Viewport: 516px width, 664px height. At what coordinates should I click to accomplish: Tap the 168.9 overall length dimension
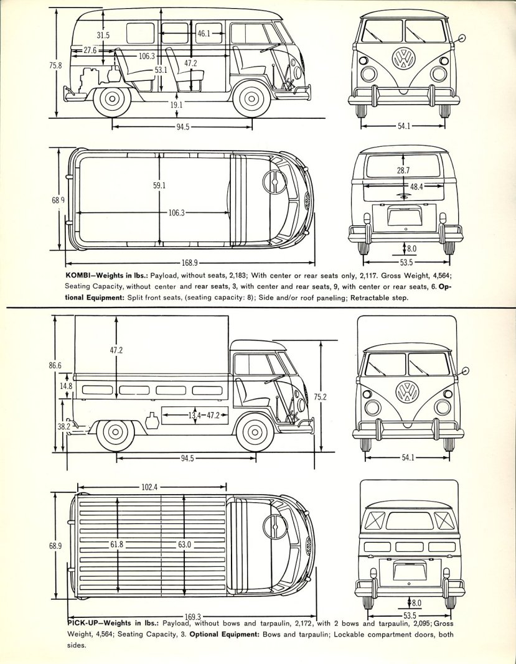[189, 263]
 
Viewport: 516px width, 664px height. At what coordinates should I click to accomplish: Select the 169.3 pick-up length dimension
[193, 617]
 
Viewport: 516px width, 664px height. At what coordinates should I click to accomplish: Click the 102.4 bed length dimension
[149, 487]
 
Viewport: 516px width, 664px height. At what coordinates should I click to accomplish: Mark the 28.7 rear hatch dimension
[403, 171]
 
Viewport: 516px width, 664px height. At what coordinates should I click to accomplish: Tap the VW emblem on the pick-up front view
[408, 391]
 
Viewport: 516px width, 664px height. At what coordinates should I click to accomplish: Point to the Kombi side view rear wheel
[112, 99]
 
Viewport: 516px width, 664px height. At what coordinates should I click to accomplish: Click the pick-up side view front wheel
[255, 433]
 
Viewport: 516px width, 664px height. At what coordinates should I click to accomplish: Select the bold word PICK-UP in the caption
[82, 623]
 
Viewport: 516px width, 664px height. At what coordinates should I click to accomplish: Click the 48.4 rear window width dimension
[416, 186]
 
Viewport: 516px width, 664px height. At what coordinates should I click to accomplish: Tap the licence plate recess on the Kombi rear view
[405, 217]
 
